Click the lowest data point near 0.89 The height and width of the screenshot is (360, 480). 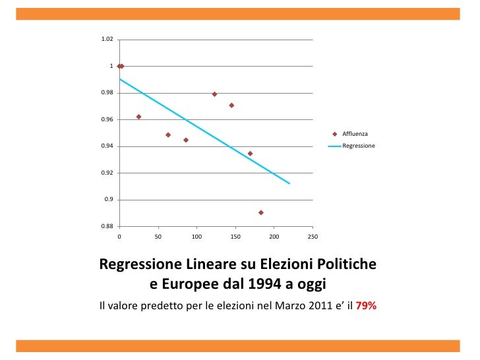tap(261, 212)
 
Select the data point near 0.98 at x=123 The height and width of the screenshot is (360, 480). tap(214, 94)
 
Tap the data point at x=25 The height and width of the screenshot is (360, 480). tap(138, 117)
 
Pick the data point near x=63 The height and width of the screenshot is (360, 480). tap(168, 135)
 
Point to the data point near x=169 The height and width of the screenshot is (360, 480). tap(250, 154)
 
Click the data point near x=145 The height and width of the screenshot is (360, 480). tap(231, 105)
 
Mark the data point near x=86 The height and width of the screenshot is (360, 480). tap(186, 140)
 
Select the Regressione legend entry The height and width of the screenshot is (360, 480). tap(358, 145)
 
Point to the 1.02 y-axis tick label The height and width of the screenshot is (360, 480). tap(106, 40)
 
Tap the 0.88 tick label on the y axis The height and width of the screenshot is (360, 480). tap(106, 226)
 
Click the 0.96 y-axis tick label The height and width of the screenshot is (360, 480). tap(106, 120)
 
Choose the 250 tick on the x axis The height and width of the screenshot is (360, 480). tap(313, 236)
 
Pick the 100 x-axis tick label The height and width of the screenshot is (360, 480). tap(196, 236)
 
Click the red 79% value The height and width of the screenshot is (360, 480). tap(366, 306)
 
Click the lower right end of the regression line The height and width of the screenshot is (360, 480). tap(289, 183)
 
